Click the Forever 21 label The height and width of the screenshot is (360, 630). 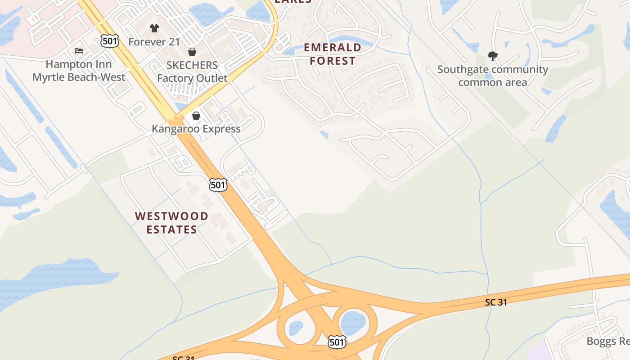(154, 42)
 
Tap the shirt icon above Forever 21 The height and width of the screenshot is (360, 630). (154, 28)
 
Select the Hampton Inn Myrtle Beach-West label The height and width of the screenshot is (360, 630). (79, 71)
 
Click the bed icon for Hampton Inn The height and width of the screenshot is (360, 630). (79, 51)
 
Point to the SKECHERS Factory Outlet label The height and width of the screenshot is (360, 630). (192, 72)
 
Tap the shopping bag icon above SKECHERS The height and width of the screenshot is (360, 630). (192, 52)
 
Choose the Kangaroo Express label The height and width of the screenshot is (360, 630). (196, 129)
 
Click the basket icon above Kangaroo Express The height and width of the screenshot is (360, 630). (196, 116)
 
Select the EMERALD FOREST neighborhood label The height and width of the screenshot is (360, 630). (333, 54)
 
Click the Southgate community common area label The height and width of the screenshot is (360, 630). (492, 76)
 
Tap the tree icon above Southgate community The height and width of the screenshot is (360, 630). (493, 56)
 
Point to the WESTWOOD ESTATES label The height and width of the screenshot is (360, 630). (171, 223)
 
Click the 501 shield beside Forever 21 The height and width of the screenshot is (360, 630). (110, 41)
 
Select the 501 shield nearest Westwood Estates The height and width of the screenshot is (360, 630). (218, 184)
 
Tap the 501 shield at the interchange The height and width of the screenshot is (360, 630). (337, 342)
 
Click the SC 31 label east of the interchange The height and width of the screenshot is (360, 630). (496, 302)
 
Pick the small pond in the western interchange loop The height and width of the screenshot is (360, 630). (295, 328)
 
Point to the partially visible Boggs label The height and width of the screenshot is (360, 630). (607, 341)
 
